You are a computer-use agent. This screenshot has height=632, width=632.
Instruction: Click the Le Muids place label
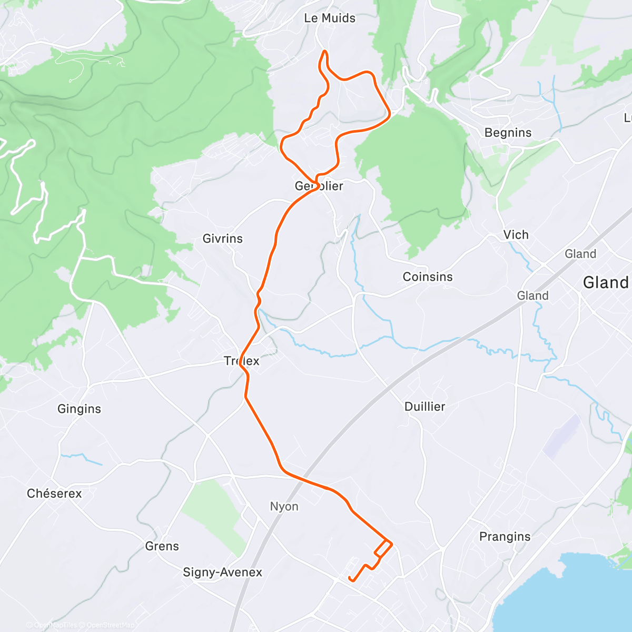pos(330,18)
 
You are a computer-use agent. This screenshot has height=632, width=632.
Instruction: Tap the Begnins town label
pos(508,133)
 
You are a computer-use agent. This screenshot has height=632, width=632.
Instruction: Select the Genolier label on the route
pos(319,186)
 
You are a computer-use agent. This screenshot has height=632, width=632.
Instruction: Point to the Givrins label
pos(223,239)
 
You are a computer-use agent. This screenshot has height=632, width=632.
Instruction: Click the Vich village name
pos(516,235)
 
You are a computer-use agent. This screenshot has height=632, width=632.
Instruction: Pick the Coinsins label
pos(427,277)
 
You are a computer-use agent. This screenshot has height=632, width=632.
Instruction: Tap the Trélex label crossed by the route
pos(242,361)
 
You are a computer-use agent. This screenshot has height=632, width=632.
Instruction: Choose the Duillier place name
pos(424,407)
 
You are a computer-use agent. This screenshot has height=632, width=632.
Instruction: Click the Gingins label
pos(79,409)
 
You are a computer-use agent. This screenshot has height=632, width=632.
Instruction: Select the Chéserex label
pos(54,494)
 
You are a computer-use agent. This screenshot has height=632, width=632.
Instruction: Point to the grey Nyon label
pos(284,507)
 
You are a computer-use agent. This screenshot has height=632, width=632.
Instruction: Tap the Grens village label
pos(162,546)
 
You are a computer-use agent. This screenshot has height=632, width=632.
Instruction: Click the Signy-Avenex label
pos(222,572)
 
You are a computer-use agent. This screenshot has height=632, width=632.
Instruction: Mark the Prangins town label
pos(505,537)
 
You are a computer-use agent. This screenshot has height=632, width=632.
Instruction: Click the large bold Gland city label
pos(606,283)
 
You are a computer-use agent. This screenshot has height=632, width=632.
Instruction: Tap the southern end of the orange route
pos(350,578)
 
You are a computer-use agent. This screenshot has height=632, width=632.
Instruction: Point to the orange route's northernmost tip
pos(325,51)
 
